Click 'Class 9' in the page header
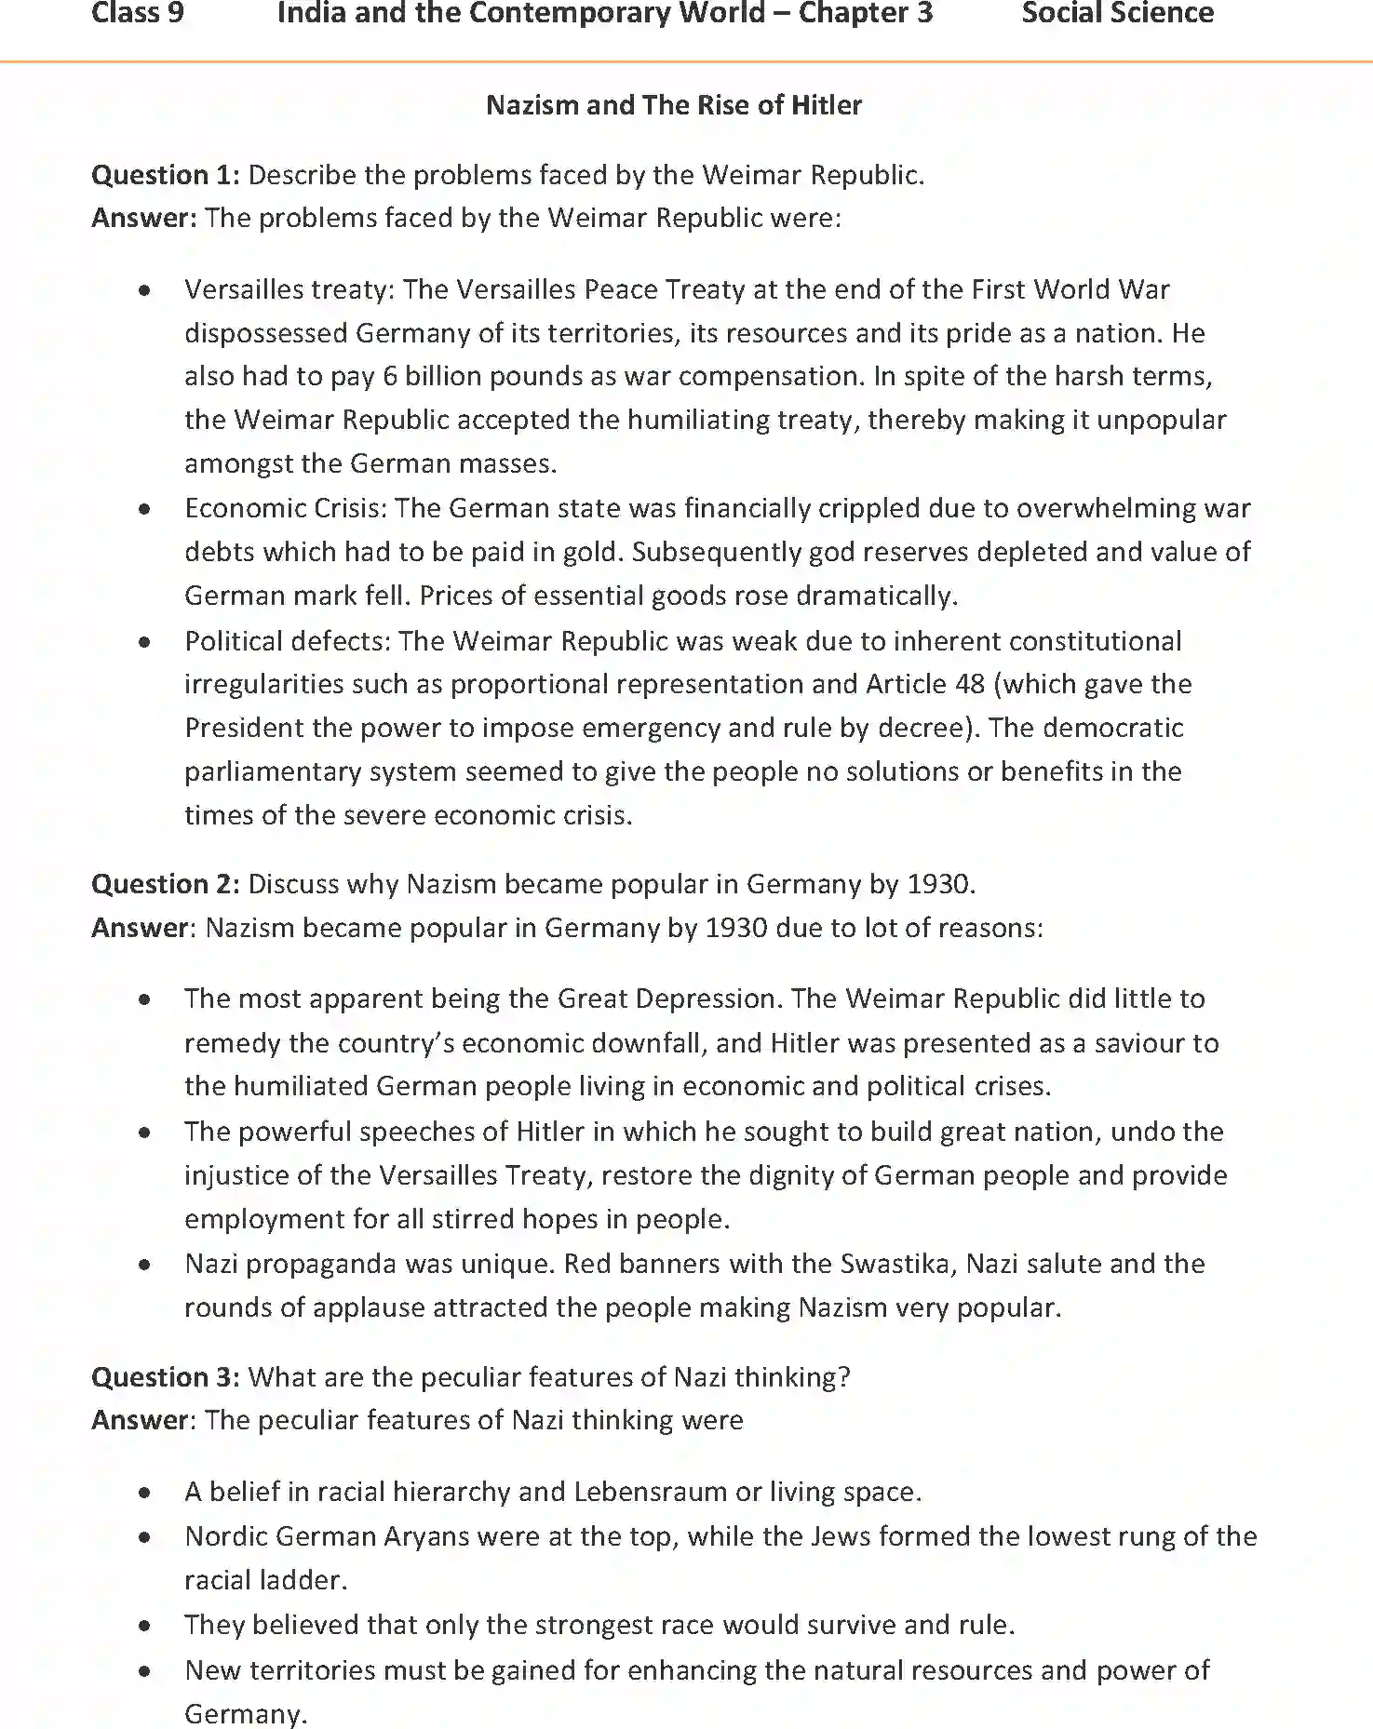[138, 14]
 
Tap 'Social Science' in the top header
[1117, 14]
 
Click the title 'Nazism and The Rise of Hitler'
[674, 105]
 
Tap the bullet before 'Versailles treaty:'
[144, 291]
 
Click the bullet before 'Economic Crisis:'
[144, 510]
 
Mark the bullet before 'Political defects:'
[144, 642]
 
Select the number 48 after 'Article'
[969, 685]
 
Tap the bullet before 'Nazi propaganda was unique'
[144, 1266]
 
